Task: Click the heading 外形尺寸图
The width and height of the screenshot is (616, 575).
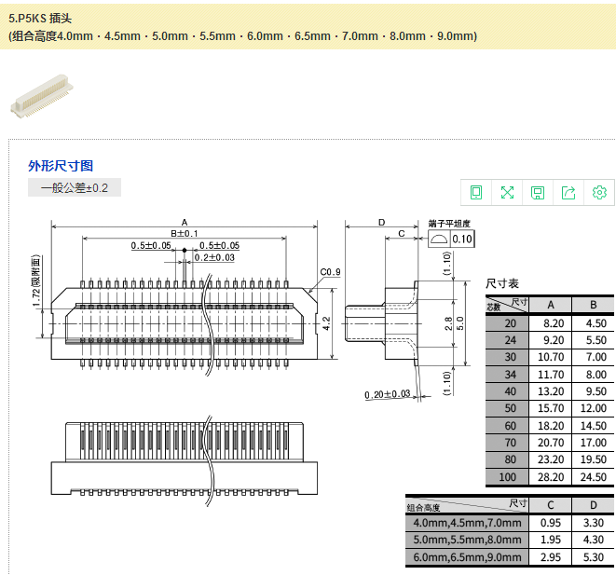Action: [x=61, y=166]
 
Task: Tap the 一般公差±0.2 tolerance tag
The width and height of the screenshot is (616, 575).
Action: [x=75, y=188]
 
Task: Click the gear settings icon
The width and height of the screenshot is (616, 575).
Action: [x=599, y=193]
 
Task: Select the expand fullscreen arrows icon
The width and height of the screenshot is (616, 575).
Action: [x=507, y=193]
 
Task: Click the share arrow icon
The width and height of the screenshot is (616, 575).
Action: [x=568, y=193]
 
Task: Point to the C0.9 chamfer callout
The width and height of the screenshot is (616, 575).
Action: [x=330, y=272]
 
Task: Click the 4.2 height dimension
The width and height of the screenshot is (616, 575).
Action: [x=326, y=322]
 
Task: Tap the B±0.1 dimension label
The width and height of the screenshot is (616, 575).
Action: [x=184, y=233]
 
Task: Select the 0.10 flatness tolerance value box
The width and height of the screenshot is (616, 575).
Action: [x=462, y=240]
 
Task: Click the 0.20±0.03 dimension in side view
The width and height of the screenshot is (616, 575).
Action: [x=388, y=394]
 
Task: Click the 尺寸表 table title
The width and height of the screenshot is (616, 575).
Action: [x=502, y=282]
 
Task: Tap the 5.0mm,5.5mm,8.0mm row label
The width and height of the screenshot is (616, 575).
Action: [x=467, y=540]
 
